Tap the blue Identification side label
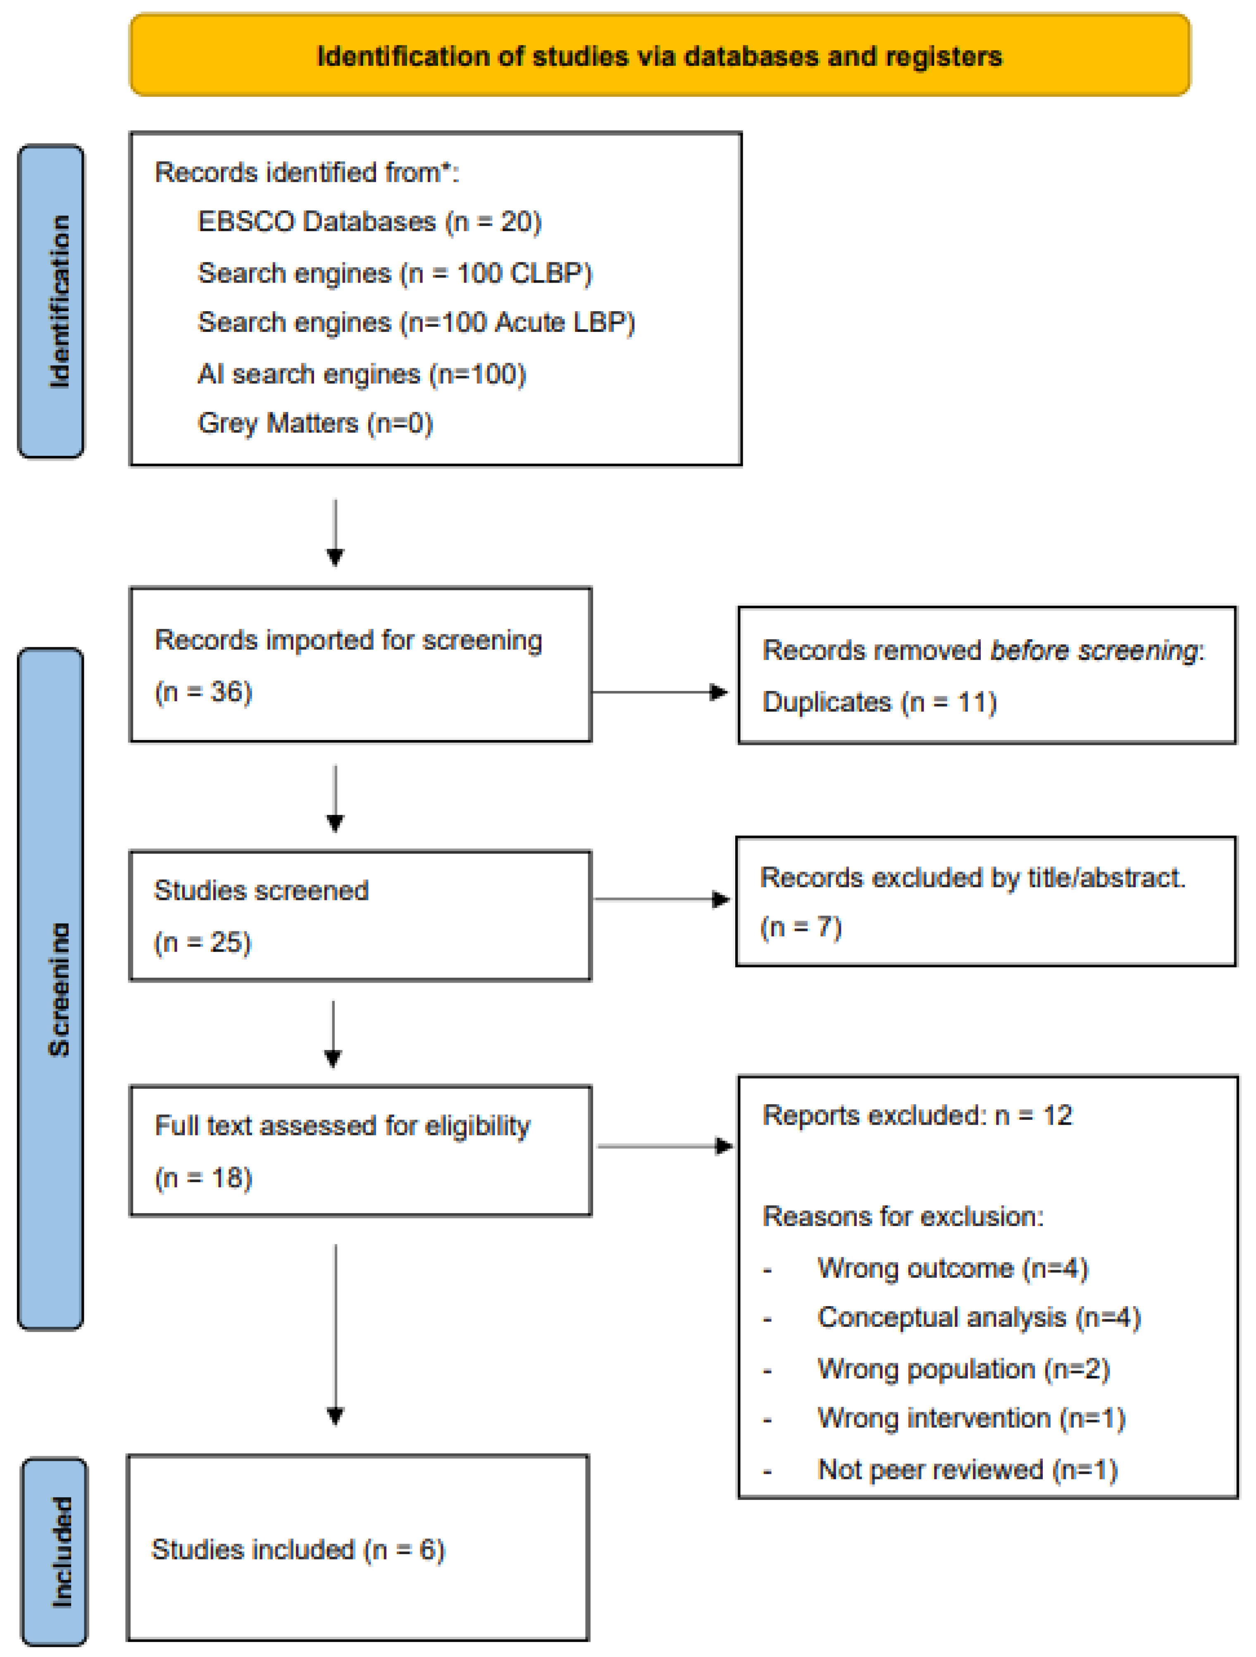[x=51, y=301]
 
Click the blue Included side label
[x=54, y=1551]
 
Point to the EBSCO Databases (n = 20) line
[x=369, y=222]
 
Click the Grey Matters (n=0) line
[x=315, y=423]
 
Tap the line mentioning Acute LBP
[x=416, y=322]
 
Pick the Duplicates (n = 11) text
[x=878, y=702]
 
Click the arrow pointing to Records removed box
[x=660, y=691]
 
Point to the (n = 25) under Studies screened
[x=203, y=942]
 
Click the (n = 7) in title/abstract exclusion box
[x=801, y=926]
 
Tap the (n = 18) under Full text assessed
[x=203, y=1178]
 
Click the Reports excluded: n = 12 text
[x=917, y=1115]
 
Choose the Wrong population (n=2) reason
[x=962, y=1369]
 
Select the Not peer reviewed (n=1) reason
[x=967, y=1469]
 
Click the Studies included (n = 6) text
[x=298, y=1549]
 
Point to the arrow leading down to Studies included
[x=335, y=1333]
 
